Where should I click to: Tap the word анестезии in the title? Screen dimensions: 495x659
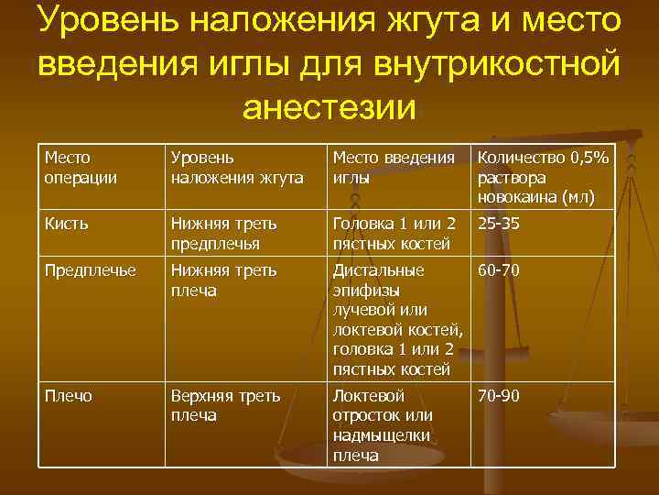pos(329,107)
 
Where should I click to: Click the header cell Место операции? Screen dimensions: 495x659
pos(81,168)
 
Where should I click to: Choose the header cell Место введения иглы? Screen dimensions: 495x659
pos(393,168)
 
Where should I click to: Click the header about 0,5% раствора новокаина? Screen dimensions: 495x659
pos(543,177)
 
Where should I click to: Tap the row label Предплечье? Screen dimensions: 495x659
pos(90,270)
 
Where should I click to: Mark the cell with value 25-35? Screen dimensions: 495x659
pos(499,223)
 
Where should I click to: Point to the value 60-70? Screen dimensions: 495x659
pos(499,270)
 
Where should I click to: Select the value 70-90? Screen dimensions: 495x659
pos(499,396)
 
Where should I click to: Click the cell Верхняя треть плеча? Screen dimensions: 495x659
pos(225,405)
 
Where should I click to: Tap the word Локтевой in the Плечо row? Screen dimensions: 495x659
pos(368,396)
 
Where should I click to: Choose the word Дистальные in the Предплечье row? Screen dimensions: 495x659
pos(378,270)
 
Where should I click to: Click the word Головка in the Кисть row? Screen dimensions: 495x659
pos(363,223)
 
